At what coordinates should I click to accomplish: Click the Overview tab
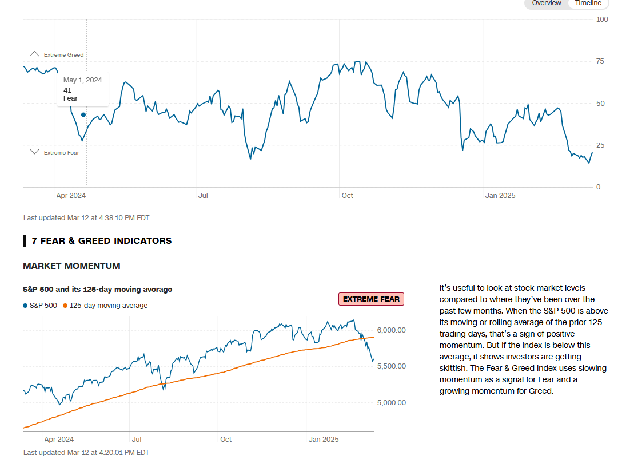point(547,3)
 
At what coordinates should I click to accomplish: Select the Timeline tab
point(588,3)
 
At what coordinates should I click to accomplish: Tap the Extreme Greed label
point(63,55)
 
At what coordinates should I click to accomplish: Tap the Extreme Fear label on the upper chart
point(61,153)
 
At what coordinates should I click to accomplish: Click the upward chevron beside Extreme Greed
point(34,54)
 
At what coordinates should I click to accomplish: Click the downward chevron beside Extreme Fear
point(34,152)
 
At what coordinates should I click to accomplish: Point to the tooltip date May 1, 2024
point(82,80)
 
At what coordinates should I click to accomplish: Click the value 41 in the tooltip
point(67,90)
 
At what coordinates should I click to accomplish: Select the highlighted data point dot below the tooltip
point(83,115)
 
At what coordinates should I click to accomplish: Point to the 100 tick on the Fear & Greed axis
point(602,19)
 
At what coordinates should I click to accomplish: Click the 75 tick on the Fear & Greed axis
point(600,61)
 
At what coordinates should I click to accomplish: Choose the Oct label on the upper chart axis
point(347,196)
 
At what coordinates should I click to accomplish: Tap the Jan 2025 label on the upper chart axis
point(500,196)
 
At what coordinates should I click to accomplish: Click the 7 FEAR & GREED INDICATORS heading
point(101,241)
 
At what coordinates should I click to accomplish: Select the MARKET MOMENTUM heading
point(71,266)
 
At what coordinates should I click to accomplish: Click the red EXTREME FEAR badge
point(371,299)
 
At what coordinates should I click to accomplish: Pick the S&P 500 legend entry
point(40,306)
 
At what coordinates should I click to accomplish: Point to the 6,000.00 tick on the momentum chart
point(391,330)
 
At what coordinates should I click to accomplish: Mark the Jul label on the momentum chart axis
point(137,440)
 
